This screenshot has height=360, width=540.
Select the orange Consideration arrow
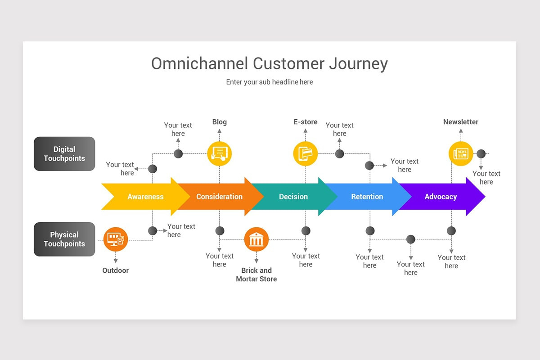(x=220, y=197)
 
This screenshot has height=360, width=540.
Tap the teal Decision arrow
(x=293, y=197)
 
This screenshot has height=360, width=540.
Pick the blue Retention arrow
(x=367, y=197)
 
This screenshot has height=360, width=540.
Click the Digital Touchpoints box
(x=64, y=154)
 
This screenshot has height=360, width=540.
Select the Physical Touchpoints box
(x=64, y=239)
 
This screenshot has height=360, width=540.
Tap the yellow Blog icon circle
(x=220, y=153)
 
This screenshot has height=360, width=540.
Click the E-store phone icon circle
(x=306, y=153)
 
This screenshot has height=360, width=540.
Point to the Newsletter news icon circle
(x=461, y=153)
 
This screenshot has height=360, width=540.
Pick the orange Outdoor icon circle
(x=116, y=239)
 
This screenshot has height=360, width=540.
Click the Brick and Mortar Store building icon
(x=256, y=239)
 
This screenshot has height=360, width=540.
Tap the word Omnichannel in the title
(x=199, y=63)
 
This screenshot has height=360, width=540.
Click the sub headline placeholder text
(x=270, y=82)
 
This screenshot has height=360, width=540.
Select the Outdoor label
(x=116, y=270)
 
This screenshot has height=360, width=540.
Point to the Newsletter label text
(x=461, y=122)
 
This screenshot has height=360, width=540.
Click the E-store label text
(x=306, y=122)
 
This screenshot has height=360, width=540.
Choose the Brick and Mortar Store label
(x=256, y=274)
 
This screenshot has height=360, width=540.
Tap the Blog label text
(x=220, y=122)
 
